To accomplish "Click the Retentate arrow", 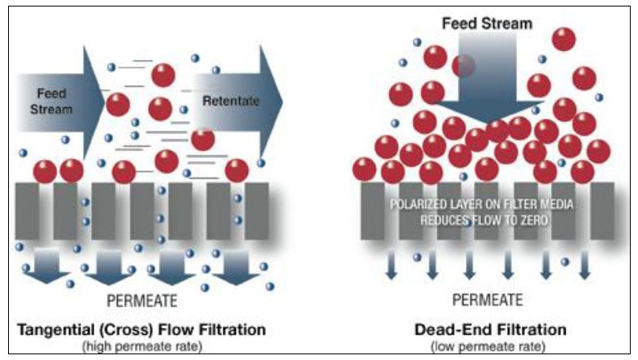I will (244, 102).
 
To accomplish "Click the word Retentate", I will (232, 102).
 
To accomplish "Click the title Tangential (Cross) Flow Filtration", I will (142, 330).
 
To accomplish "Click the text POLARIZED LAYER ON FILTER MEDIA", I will (483, 204).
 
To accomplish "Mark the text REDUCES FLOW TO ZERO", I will (483, 219).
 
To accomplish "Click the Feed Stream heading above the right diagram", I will (487, 23).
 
